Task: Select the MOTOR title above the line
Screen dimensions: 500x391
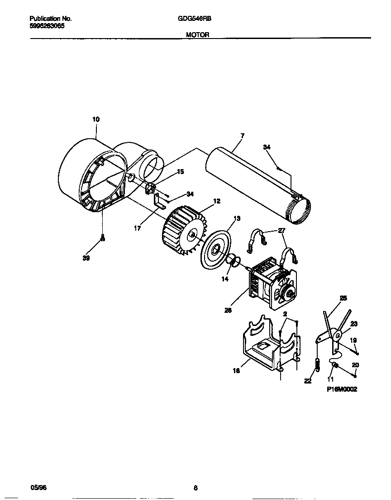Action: click(x=198, y=34)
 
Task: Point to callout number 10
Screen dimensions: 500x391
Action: click(x=95, y=119)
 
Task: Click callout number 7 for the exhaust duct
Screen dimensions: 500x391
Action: click(x=243, y=136)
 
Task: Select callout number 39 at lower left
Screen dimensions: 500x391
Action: click(x=86, y=258)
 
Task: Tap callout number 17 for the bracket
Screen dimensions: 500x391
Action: click(x=137, y=228)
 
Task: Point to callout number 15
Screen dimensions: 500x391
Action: click(x=180, y=172)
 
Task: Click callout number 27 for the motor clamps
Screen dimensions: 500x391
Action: click(x=282, y=231)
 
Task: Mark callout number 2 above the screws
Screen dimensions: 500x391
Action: click(x=285, y=314)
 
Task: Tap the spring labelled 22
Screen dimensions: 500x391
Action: click(x=317, y=364)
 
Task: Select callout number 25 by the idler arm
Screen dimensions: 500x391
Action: click(x=343, y=298)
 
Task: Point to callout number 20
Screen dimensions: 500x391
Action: click(x=355, y=365)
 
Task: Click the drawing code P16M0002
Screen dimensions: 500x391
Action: click(x=342, y=389)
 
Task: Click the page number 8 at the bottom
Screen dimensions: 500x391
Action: click(x=195, y=488)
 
